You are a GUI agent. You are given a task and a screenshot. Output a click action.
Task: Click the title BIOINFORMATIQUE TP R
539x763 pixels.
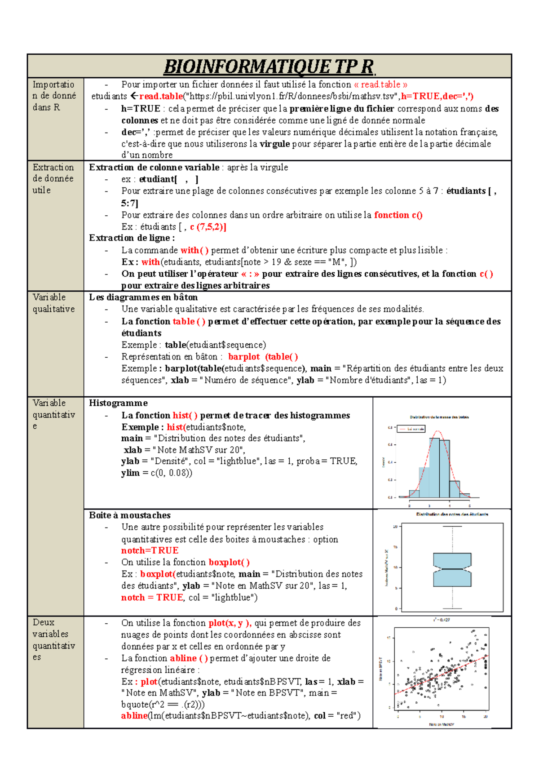coord(269,67)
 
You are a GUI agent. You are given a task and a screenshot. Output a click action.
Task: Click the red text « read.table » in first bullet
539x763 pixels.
coord(380,84)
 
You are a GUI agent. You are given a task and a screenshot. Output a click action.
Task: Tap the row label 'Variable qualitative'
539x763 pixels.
coord(53,303)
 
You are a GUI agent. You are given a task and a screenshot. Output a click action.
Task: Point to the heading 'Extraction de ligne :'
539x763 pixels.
coord(132,238)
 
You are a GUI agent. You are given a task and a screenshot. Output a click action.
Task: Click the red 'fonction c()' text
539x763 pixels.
coord(398,215)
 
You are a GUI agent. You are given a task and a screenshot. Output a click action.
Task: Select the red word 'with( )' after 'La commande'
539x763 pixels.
coord(194,250)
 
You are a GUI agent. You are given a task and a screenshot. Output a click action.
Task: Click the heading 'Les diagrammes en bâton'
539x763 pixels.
coord(143,297)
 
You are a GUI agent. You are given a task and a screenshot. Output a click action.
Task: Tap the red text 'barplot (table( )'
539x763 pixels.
coord(263,357)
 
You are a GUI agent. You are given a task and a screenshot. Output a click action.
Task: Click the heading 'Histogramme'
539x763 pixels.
coord(118,403)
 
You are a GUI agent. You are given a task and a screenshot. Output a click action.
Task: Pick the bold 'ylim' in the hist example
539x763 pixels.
coord(130,473)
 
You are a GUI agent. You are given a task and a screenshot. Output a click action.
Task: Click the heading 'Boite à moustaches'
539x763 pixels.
coord(129,515)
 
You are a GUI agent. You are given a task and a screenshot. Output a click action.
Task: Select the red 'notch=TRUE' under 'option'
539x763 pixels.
coord(150,550)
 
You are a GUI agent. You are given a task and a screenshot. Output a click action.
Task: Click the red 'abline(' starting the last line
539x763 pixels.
coord(134,716)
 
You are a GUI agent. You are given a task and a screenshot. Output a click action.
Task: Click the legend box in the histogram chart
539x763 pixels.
coord(411,429)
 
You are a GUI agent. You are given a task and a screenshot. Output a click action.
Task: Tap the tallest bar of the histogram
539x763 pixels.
coord(434,467)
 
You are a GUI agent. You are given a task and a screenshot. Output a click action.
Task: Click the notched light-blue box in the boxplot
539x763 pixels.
coord(452,569)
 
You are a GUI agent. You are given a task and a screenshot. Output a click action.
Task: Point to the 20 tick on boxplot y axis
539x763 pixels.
coord(395,527)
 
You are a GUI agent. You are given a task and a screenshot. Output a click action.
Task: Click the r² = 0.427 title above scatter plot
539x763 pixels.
coord(442,620)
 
